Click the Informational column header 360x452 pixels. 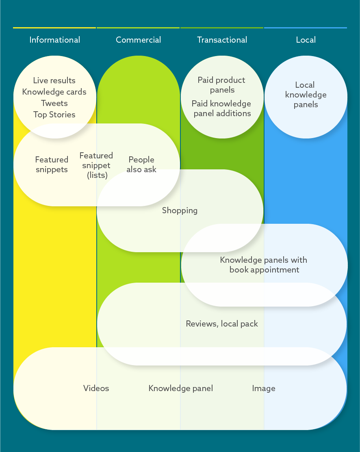(54, 40)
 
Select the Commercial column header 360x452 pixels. (138, 40)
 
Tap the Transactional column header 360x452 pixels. (222, 40)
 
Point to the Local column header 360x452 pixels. (306, 40)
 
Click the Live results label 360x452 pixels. (54, 80)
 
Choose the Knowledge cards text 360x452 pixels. (54, 92)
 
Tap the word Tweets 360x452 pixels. (54, 103)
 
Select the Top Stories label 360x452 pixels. (54, 115)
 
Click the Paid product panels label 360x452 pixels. (221, 85)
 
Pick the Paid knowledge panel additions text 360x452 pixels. (221, 108)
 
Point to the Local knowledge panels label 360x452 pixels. (306, 95)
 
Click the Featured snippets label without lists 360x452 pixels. (52, 164)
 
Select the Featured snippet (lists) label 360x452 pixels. (96, 165)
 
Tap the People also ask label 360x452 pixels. (141, 164)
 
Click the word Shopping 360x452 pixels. (180, 210)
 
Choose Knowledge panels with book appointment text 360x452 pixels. (264, 265)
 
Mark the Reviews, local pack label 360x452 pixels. (222, 324)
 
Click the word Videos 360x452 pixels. (96, 388)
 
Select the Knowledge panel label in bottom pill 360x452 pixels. (180, 388)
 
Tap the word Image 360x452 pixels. (264, 388)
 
